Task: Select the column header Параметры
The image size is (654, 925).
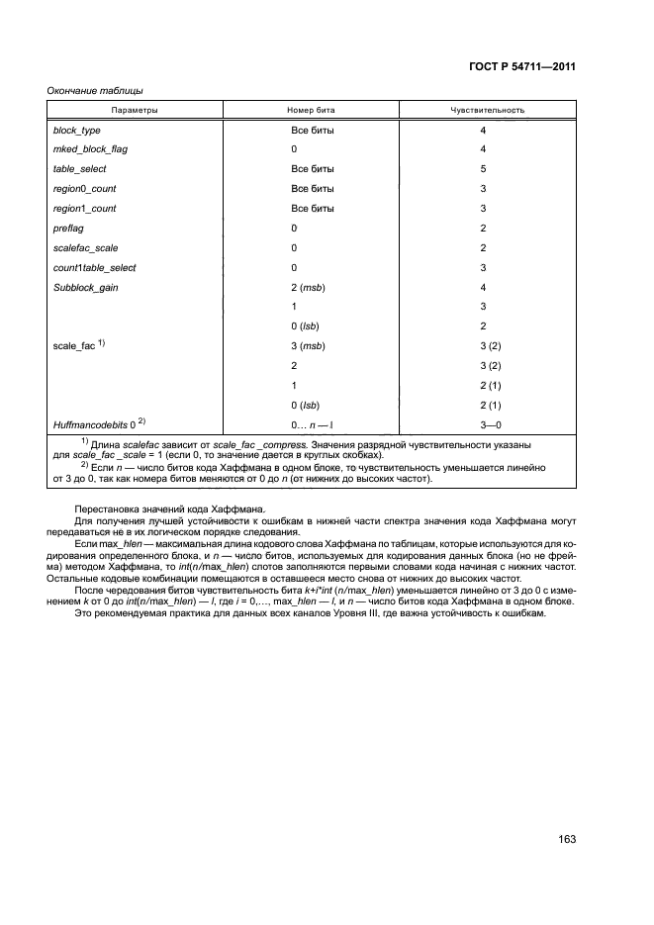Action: click(x=135, y=110)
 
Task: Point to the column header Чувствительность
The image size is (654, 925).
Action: click(x=487, y=110)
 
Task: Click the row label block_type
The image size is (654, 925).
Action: click(x=76, y=131)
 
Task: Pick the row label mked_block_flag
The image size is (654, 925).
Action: click(x=90, y=149)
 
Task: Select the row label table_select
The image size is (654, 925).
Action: click(x=79, y=169)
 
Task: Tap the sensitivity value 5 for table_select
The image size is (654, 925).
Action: click(x=483, y=169)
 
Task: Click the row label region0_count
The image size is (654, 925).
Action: click(x=84, y=188)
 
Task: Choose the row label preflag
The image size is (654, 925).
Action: click(x=68, y=228)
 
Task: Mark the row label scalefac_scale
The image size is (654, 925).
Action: click(x=85, y=247)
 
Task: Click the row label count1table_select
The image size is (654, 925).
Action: click(x=94, y=267)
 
